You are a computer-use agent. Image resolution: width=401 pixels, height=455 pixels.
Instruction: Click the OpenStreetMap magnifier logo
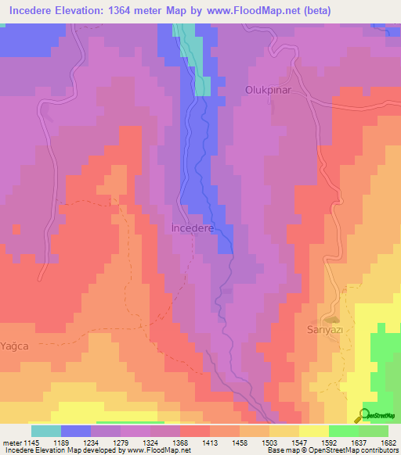363,415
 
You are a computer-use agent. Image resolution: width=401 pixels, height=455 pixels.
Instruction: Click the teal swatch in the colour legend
45,430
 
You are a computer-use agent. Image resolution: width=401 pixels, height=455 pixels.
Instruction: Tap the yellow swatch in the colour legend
313,430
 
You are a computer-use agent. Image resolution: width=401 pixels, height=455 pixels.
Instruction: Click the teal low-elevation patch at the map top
195,59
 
